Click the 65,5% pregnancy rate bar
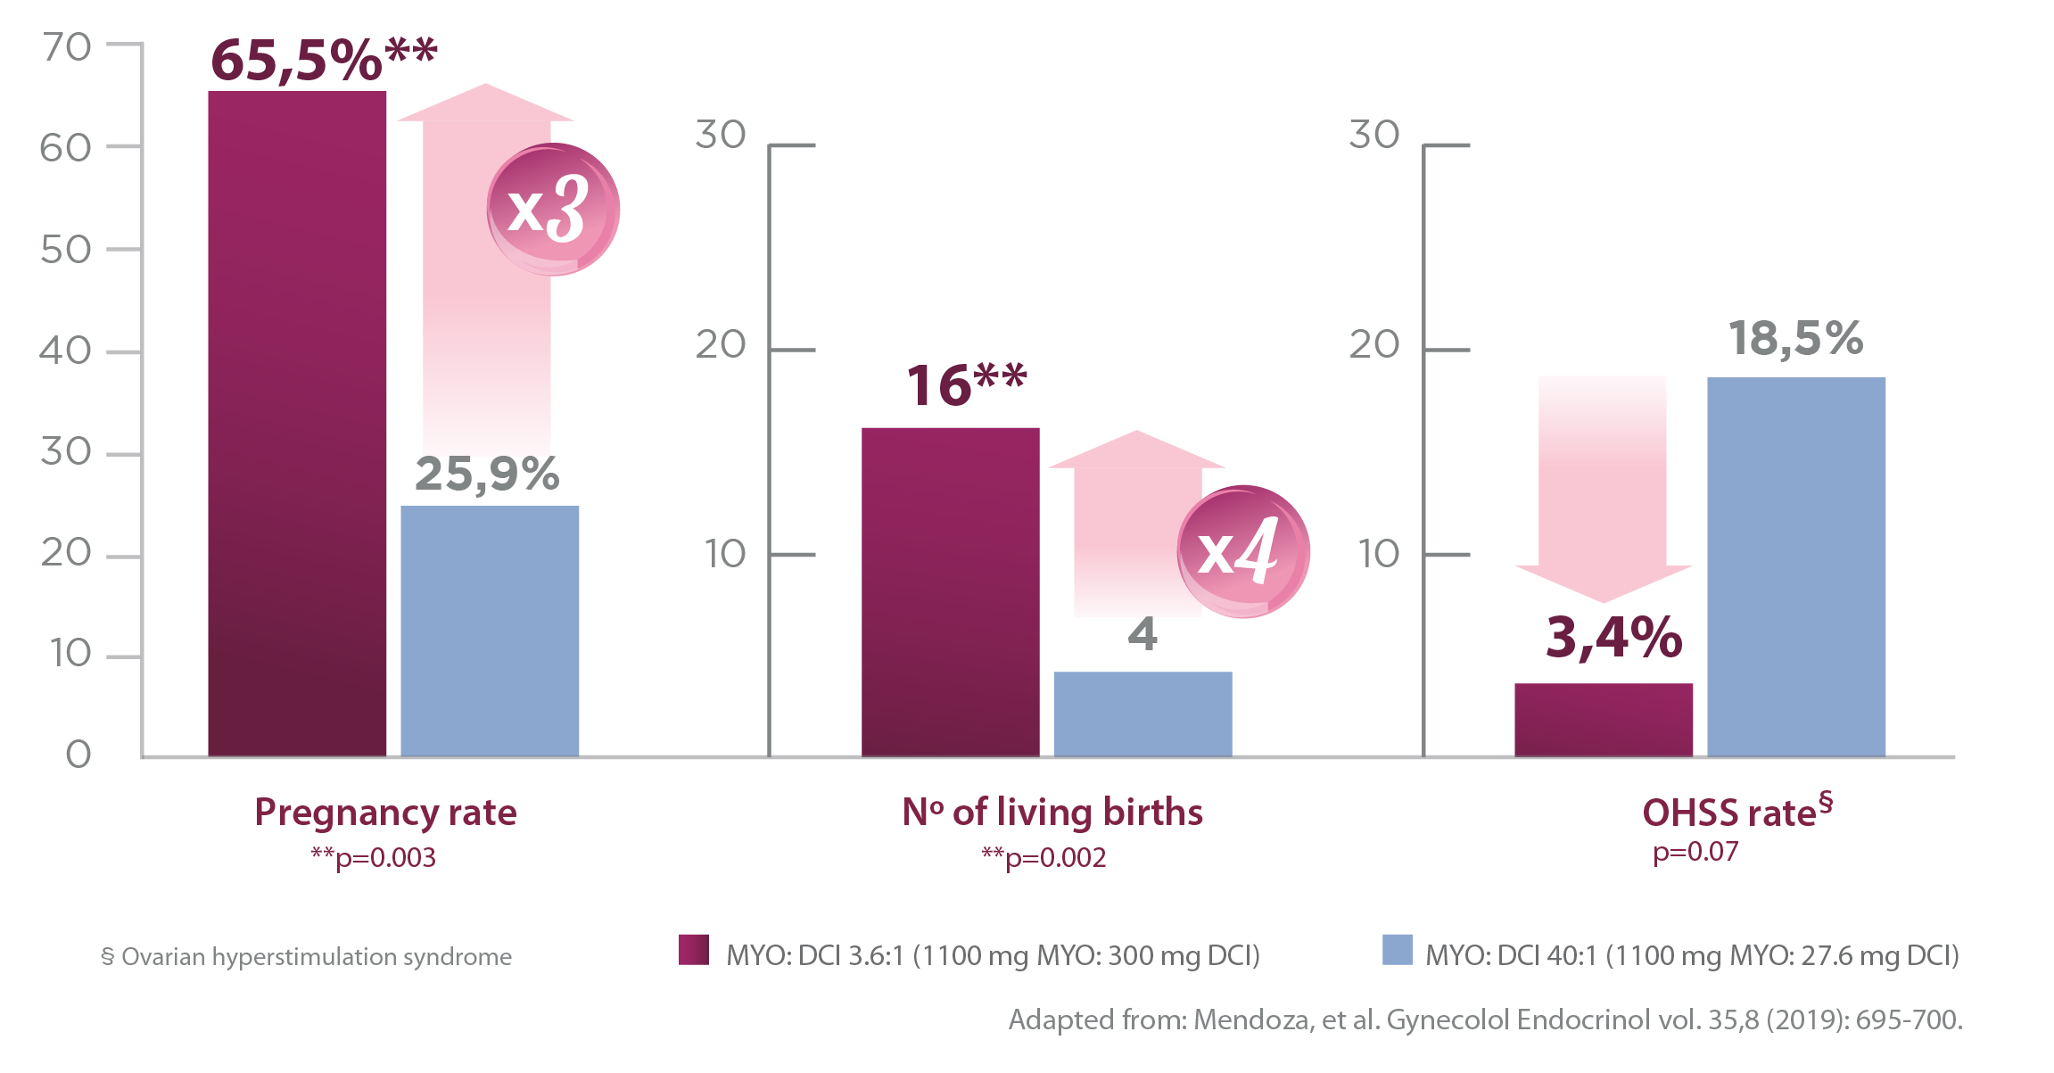(297, 424)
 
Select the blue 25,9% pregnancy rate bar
(490, 631)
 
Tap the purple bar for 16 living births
(950, 591)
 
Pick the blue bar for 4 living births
(1142, 714)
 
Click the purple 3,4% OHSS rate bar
(1603, 720)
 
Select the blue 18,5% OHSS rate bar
(1796, 566)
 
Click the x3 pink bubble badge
(553, 210)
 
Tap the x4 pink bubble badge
(1243, 551)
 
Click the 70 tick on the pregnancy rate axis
(67, 47)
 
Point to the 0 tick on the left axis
(78, 755)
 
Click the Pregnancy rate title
(385, 813)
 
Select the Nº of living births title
(1052, 813)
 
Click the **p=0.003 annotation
(373, 858)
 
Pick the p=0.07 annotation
(1695, 853)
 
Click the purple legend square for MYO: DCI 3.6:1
(694, 950)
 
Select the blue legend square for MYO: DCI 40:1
(1397, 950)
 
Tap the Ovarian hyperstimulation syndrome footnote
(307, 957)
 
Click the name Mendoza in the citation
(1253, 1019)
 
